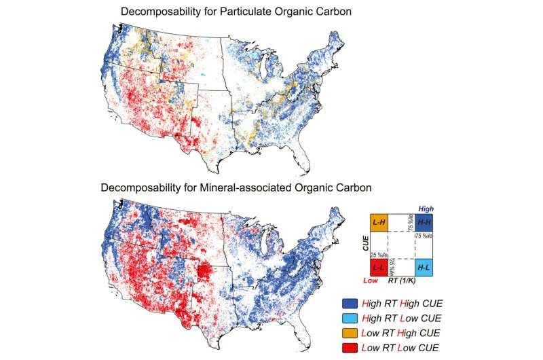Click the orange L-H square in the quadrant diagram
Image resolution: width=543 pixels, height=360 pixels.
(378, 222)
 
